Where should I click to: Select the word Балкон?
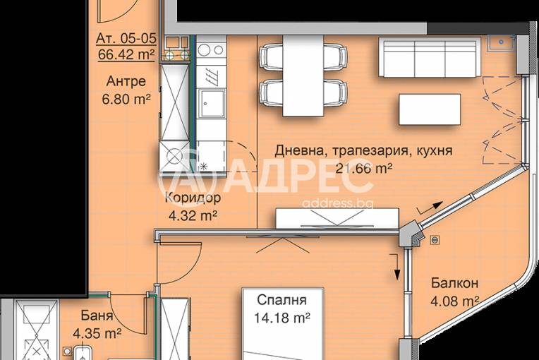pos(455,284)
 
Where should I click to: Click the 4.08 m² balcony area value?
pos(455,301)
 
